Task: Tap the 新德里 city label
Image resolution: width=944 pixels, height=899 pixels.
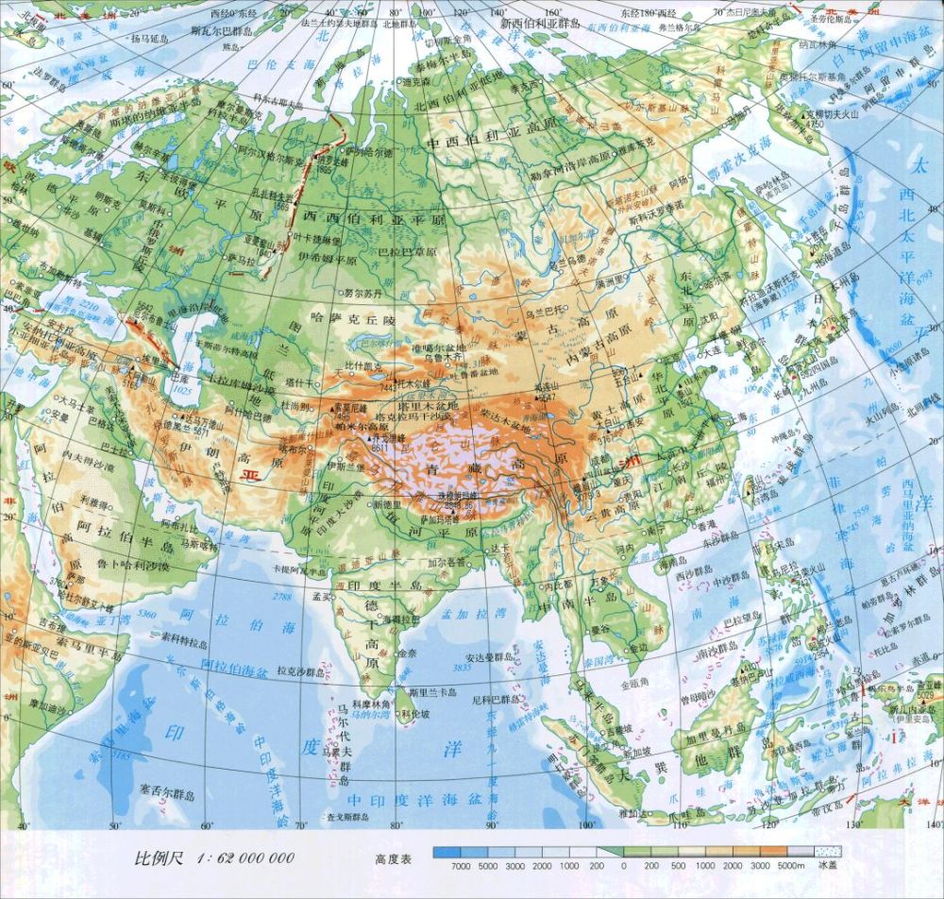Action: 387,505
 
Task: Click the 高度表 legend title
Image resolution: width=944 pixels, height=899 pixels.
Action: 393,859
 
